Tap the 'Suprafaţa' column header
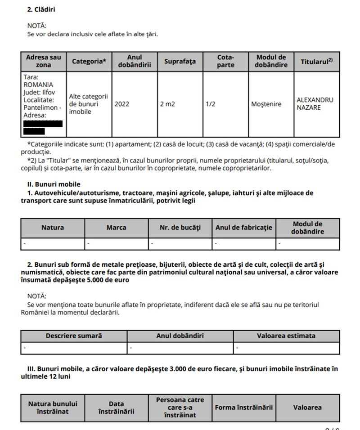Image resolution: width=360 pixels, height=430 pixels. click(x=180, y=62)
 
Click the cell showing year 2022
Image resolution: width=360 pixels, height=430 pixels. click(x=122, y=104)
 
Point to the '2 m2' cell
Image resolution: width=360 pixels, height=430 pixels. click(x=167, y=104)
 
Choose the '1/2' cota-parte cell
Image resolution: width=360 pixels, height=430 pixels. click(x=211, y=104)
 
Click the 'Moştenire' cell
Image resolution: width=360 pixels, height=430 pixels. click(x=266, y=104)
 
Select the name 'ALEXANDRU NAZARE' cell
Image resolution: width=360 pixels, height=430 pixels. click(x=315, y=104)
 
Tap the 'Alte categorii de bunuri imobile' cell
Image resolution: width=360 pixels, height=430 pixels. click(x=89, y=104)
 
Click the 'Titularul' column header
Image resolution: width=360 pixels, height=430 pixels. click(x=316, y=62)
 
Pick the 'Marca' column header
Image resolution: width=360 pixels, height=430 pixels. click(x=116, y=228)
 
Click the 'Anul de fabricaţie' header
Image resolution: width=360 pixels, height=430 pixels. click(x=243, y=228)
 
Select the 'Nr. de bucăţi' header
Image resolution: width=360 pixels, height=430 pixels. click(x=180, y=228)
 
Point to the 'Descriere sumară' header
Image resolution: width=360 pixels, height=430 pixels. click(x=74, y=336)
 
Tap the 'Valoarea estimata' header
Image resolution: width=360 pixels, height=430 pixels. click(x=286, y=336)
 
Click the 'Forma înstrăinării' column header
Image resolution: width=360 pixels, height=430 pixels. click(x=243, y=408)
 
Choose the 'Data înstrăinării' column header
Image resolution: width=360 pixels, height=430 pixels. click(x=116, y=408)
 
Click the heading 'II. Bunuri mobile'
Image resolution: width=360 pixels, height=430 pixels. click(x=54, y=184)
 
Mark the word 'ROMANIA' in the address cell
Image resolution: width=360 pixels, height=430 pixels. click(x=38, y=85)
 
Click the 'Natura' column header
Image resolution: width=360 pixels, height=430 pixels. click(x=53, y=228)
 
